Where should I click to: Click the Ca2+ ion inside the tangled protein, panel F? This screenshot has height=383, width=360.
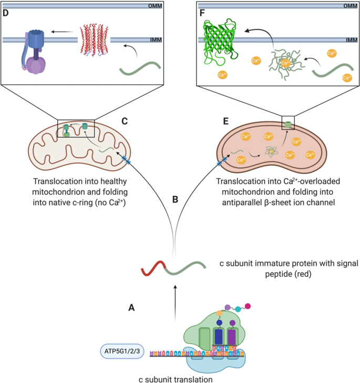[285, 63]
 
